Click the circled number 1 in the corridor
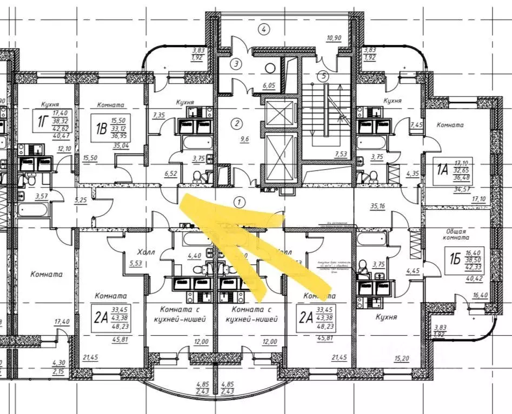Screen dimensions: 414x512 click(x=238, y=202)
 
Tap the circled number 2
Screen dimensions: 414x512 click(x=236, y=124)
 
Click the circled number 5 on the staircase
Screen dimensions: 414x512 click(x=323, y=76)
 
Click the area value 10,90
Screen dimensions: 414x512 click(x=335, y=38)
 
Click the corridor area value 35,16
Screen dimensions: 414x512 click(x=378, y=206)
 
